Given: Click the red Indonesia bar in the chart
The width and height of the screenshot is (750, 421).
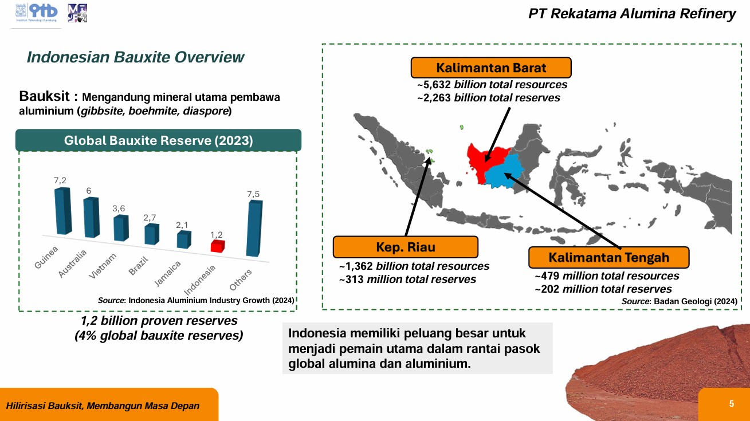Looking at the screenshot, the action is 218,246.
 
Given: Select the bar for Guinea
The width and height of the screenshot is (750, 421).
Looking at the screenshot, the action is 63,211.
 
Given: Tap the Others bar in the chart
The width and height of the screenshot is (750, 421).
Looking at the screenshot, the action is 254,229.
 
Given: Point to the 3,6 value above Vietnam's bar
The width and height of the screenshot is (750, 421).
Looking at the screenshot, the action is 119,208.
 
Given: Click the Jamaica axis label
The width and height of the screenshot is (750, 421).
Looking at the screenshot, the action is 167,273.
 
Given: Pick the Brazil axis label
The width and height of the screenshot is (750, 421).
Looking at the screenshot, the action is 138,266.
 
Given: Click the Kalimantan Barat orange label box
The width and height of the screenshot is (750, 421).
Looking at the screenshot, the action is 491,68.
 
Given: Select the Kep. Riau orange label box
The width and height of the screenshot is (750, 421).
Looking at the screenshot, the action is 406,247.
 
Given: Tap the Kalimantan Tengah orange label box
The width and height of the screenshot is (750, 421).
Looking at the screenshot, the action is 608,257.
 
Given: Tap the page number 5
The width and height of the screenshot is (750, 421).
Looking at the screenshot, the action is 732,404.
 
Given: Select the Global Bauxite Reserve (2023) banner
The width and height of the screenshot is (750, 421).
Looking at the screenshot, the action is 158,140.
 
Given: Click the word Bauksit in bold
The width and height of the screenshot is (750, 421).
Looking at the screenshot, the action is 44,96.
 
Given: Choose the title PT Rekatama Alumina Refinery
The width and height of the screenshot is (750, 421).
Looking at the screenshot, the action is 632,14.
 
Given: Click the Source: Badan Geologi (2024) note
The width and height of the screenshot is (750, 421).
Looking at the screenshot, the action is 680,301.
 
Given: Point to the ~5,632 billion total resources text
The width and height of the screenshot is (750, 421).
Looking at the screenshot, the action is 492,84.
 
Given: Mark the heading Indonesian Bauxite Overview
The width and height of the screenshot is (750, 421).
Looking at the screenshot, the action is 135,57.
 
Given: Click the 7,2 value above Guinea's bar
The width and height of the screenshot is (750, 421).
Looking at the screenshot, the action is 60,180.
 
